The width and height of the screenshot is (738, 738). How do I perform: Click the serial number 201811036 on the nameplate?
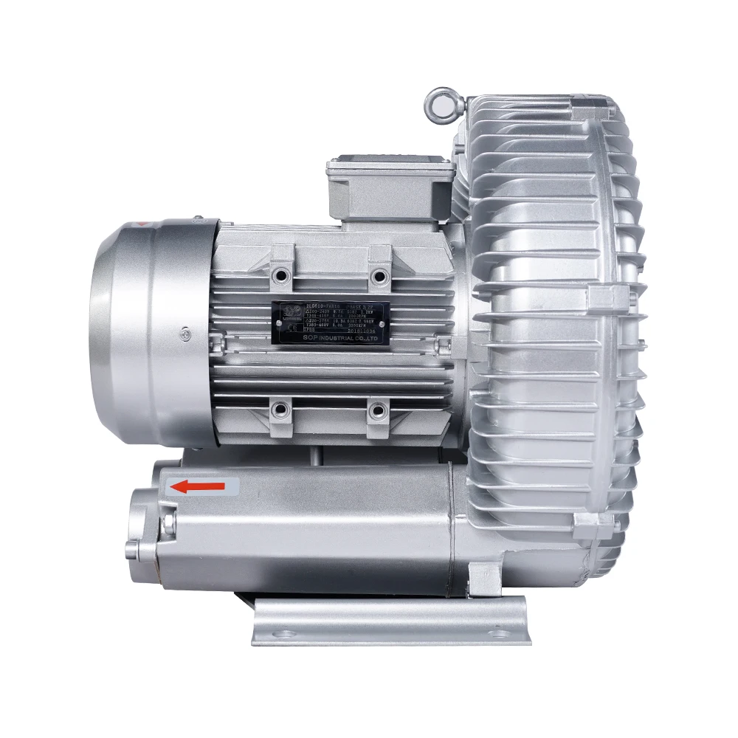click(364, 331)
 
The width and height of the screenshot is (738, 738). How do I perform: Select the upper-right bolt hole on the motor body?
click(379, 276)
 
